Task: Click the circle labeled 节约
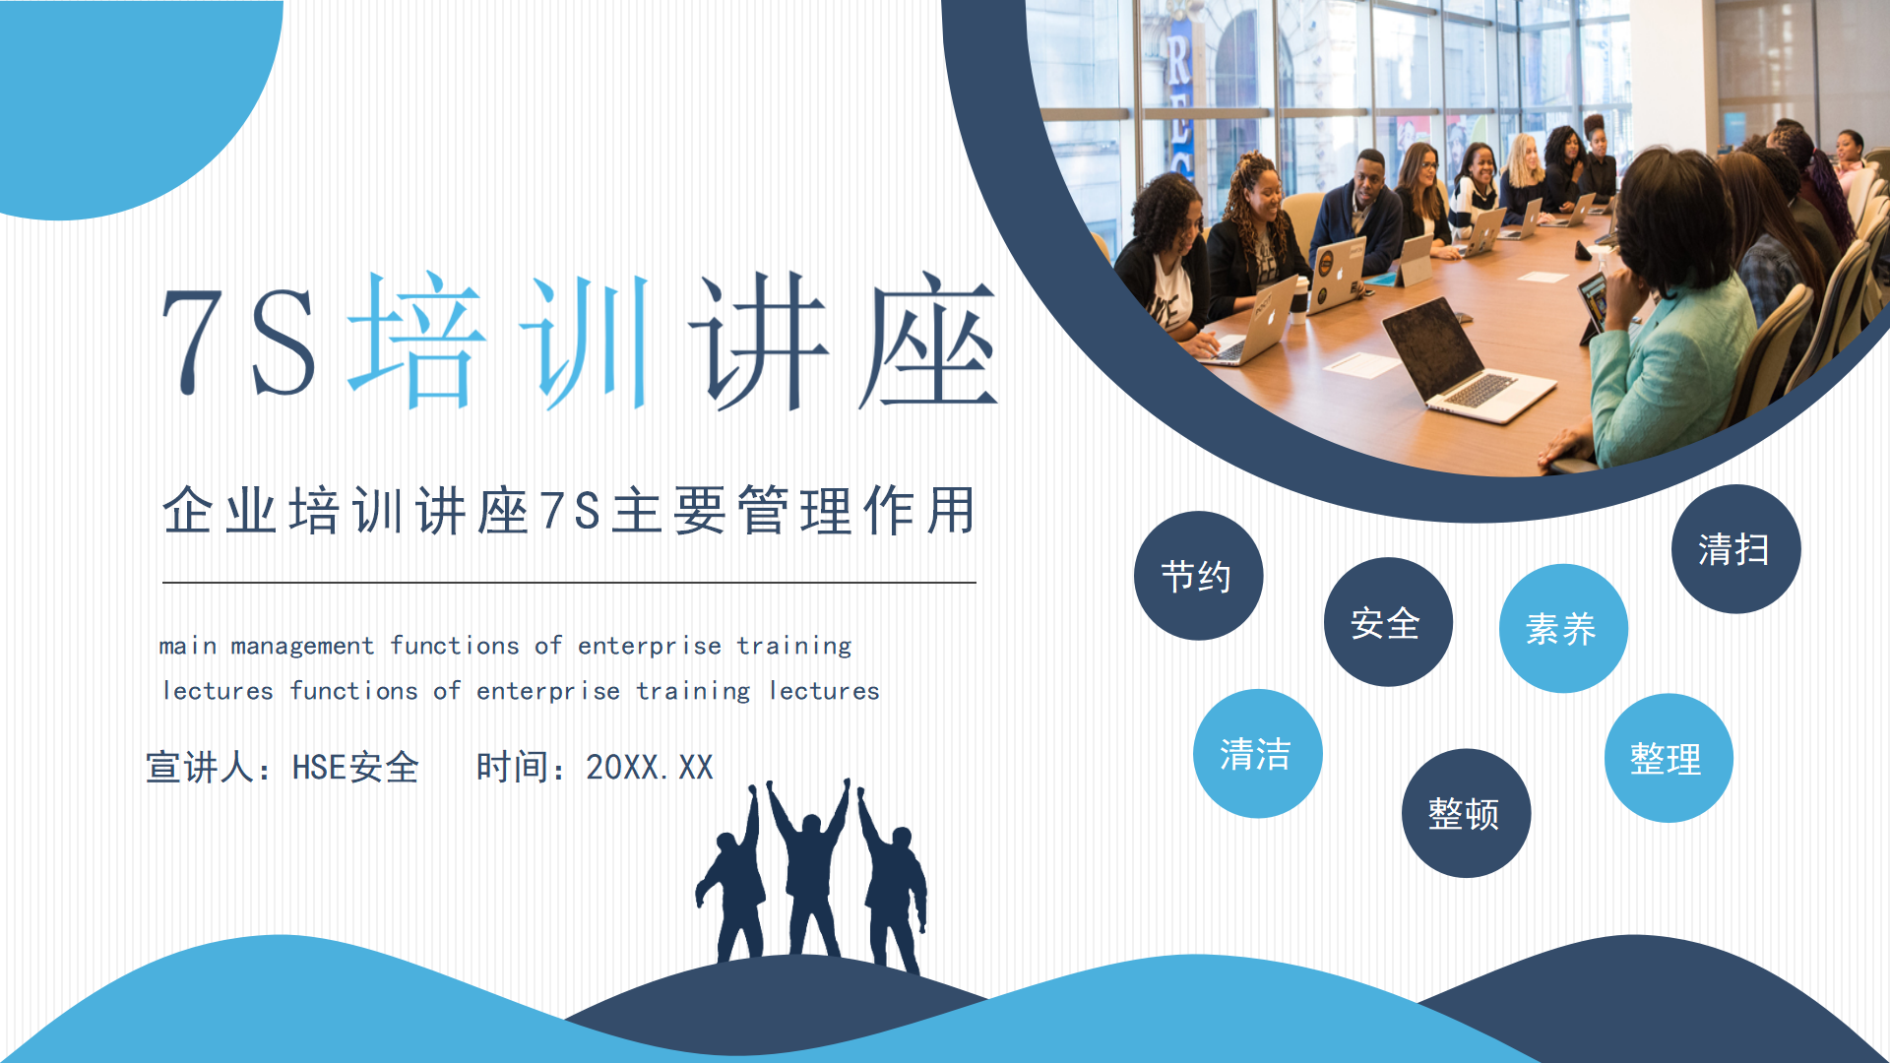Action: (1198, 576)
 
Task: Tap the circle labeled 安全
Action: (1388, 622)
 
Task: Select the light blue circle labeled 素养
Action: (1563, 628)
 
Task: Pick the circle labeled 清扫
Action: (1735, 549)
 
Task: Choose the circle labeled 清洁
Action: (1258, 754)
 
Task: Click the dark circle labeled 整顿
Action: (1466, 813)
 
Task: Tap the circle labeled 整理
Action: (1669, 758)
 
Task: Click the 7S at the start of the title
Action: (239, 342)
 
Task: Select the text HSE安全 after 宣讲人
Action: (355, 768)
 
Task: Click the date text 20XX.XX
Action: (650, 768)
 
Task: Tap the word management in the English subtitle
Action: (302, 647)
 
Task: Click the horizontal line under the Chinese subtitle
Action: (569, 583)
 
